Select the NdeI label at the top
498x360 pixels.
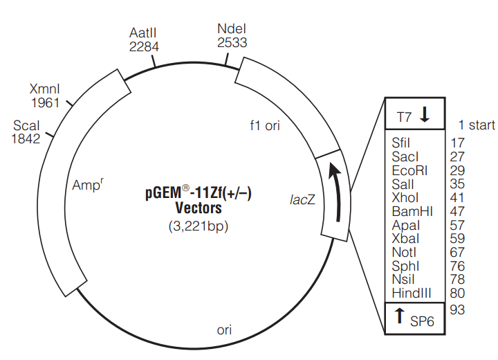(x=232, y=28)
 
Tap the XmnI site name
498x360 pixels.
(x=45, y=89)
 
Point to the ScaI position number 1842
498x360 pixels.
(x=26, y=138)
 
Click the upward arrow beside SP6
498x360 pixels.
(x=399, y=317)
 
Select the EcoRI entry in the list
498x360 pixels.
(x=405, y=170)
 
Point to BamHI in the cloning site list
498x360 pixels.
(x=412, y=211)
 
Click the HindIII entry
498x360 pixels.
(x=412, y=293)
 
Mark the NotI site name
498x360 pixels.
(x=405, y=252)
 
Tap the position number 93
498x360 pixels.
(x=457, y=309)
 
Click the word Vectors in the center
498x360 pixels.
(x=199, y=208)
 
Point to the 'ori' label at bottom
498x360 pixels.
(x=224, y=330)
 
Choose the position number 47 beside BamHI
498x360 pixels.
(x=457, y=211)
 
